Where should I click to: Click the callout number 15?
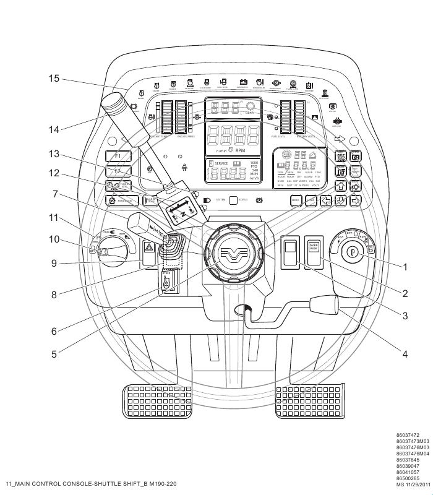54,79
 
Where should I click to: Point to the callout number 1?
406,268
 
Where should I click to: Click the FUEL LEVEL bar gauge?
286,113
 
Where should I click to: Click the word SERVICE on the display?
221,163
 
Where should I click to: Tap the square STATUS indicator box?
233,200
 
